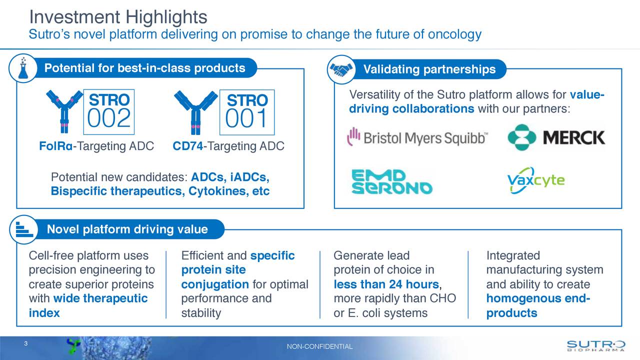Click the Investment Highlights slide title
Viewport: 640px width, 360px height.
click(x=118, y=17)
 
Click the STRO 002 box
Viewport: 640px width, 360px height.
click(x=108, y=112)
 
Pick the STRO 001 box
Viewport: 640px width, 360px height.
click(x=246, y=112)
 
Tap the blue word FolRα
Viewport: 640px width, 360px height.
click(x=55, y=146)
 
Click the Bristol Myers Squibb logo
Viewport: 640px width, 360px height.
click(x=418, y=137)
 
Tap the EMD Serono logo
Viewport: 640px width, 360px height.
click(x=391, y=182)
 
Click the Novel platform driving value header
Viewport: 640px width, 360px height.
click(x=127, y=229)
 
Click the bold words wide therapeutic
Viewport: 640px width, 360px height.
click(x=100, y=299)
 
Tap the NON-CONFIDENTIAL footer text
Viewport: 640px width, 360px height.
click(x=320, y=347)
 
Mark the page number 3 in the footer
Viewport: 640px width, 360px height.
click(x=25, y=343)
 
